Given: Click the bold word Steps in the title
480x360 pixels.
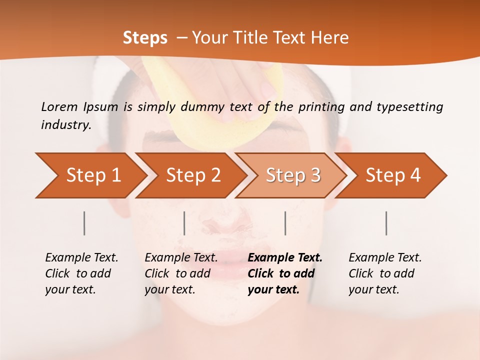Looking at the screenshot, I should click(x=145, y=38).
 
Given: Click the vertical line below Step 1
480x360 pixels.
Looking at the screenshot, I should click(x=84, y=223).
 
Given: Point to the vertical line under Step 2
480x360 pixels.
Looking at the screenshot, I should click(x=184, y=223).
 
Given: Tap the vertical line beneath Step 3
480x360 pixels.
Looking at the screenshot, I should click(x=285, y=223).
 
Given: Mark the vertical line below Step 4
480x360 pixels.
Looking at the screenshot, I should click(x=386, y=223).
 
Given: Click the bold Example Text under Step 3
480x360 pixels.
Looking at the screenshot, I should click(x=285, y=273).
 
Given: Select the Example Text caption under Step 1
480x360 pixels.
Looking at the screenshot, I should click(x=81, y=273).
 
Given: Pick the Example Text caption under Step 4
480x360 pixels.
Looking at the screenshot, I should click(x=385, y=273).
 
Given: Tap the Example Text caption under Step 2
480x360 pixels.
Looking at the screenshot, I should click(x=181, y=273).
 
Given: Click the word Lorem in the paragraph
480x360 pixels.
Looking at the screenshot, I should click(x=59, y=106).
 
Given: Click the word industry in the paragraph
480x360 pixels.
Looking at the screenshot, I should click(x=66, y=124).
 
